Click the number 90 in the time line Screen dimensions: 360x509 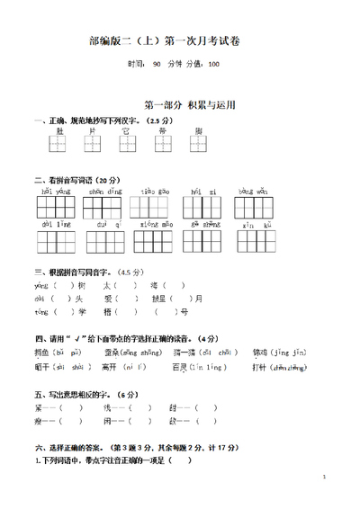point(157,64)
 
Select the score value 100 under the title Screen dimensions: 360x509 point(212,64)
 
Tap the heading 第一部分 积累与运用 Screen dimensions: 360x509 point(189,105)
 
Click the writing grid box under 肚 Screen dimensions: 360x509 point(59,143)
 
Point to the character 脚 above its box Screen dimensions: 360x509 point(198,131)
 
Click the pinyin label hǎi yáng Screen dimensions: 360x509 point(56,192)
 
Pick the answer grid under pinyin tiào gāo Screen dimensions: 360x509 point(154,208)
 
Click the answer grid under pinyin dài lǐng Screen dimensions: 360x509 point(56,241)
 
